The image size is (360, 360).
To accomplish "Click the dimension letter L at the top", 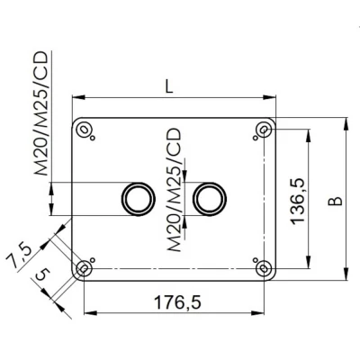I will [170, 86].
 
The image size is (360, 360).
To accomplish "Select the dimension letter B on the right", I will [335, 200].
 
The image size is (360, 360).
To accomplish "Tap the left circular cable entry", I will [137, 197].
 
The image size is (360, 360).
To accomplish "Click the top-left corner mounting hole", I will [84, 130].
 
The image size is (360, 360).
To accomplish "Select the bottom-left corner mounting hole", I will [84, 268].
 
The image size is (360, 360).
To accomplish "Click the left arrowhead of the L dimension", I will [76, 97].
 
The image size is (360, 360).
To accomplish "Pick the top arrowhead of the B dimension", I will [346, 121].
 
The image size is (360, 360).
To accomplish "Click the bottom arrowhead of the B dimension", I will [346, 276].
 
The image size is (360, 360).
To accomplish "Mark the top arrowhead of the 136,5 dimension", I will [311, 133].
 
